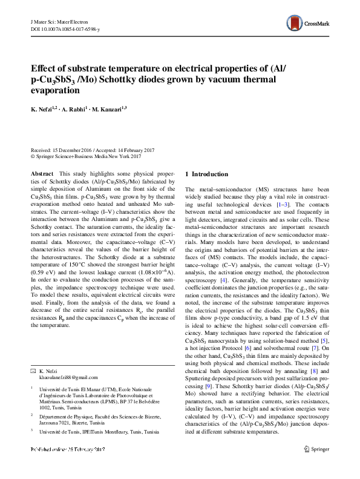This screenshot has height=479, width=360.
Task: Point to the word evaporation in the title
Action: point(54,91)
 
